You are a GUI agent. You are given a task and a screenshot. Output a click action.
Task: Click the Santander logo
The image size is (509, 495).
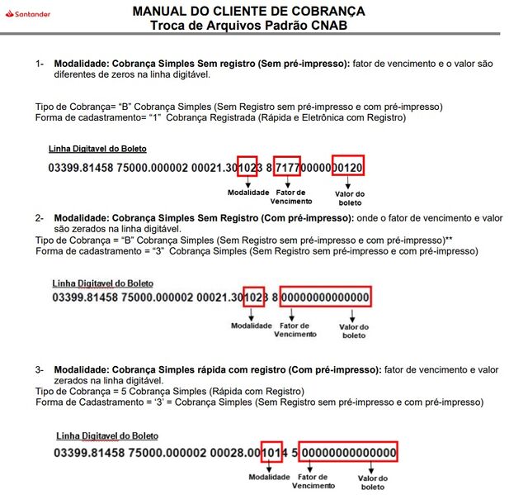pyautogui.click(x=28, y=14)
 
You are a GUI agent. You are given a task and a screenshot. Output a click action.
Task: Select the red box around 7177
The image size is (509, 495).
pyautogui.click(x=287, y=157)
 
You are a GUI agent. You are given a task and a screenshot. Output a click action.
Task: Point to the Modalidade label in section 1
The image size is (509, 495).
pyautogui.click(x=248, y=193)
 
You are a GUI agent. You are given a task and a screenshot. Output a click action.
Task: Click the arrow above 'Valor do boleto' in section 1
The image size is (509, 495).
pyautogui.click(x=347, y=183)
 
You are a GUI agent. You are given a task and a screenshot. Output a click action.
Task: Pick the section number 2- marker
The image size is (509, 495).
pyautogui.click(x=40, y=218)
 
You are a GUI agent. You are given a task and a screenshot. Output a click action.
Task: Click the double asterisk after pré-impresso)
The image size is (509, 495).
pyautogui.click(x=450, y=240)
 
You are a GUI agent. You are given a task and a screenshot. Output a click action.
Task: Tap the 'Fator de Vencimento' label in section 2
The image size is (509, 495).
pyautogui.click(x=295, y=330)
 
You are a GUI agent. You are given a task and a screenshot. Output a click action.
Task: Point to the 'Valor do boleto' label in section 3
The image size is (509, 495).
pyautogui.click(x=373, y=483)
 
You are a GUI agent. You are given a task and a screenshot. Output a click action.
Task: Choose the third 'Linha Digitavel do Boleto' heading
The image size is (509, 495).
pyautogui.click(x=107, y=436)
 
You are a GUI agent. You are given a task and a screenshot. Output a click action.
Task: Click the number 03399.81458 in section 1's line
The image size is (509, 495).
pyautogui.click(x=81, y=168)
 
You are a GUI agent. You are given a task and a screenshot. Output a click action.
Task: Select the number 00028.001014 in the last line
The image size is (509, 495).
pyautogui.click(x=249, y=452)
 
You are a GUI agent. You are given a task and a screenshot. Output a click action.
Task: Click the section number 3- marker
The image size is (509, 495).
pyautogui.click(x=40, y=369)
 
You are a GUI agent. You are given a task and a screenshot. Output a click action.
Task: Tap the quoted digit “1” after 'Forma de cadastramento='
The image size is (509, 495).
pyautogui.click(x=155, y=117)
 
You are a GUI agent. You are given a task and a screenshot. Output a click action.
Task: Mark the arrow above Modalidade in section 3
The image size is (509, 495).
pyautogui.click(x=269, y=468)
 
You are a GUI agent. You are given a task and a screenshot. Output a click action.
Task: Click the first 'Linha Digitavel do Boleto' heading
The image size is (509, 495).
pyautogui.click(x=97, y=149)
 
